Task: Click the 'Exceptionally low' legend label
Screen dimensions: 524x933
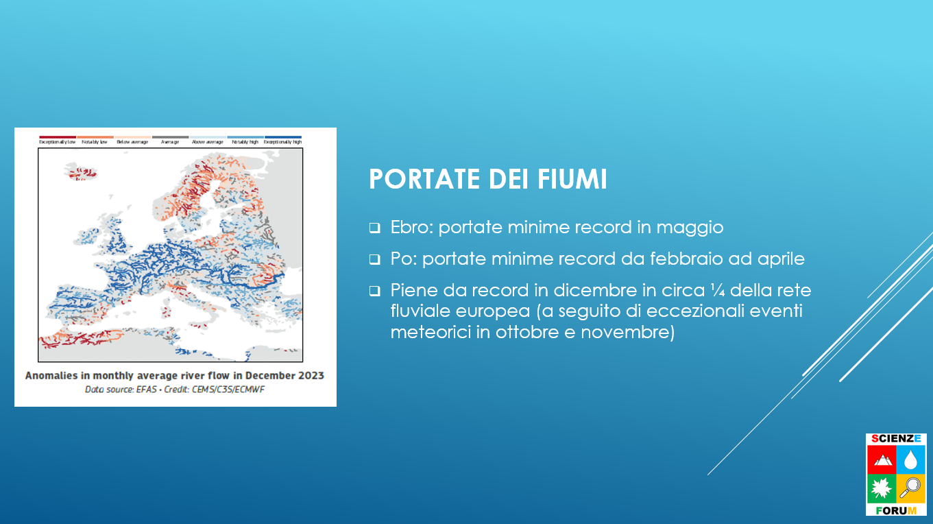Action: pos(58,142)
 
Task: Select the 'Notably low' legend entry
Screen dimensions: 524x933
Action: pos(95,142)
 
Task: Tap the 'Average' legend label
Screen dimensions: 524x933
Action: pos(170,142)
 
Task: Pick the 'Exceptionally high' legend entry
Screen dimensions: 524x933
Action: pos(283,142)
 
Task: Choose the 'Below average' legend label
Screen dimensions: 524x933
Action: pos(132,142)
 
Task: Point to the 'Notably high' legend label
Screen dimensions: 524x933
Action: pos(245,142)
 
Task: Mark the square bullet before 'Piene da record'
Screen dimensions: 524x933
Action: pos(374,291)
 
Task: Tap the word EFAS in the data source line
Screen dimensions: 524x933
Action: pos(147,389)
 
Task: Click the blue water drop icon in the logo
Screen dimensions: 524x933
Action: pos(911,458)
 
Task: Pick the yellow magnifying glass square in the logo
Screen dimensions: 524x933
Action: pos(911,488)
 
